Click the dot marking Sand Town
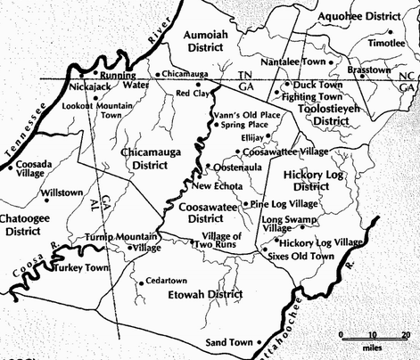pos(259,342)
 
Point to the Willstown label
pos(62,192)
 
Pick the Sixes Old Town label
pos(301,257)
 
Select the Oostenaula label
pos(234,166)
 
